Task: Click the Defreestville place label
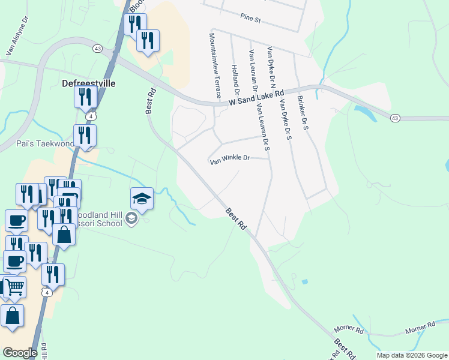89,83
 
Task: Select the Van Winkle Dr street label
229,159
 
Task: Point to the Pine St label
250,20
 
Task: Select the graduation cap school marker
142,198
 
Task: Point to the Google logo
20,353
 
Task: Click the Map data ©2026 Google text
411,355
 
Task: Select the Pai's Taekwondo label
37,144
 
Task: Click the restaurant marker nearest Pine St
147,40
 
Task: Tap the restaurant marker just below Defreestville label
85,96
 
